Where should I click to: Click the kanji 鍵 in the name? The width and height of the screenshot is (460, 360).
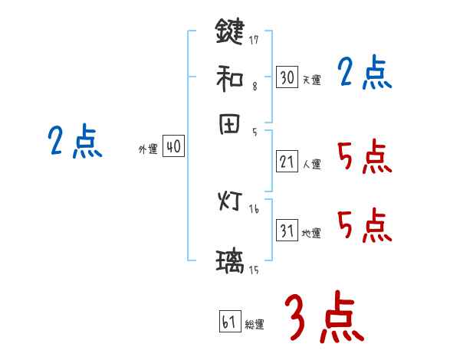click(230, 32)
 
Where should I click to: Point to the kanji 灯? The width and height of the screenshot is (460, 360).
click(230, 203)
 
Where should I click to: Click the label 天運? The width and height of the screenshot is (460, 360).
click(311, 79)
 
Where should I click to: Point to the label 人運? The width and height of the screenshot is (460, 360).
click(311, 163)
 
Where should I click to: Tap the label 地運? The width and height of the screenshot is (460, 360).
click(311, 233)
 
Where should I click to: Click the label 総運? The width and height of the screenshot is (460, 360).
click(255, 324)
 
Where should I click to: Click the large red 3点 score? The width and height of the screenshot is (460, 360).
click(324, 318)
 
